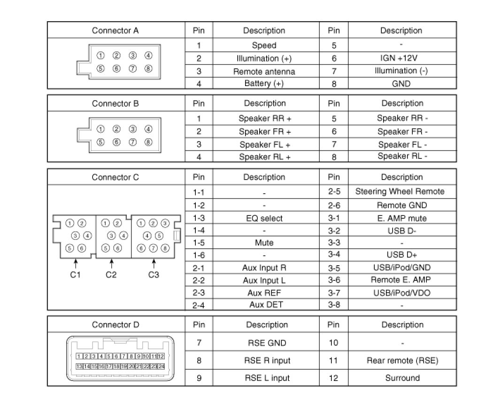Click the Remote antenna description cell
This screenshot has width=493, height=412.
[x=264, y=72]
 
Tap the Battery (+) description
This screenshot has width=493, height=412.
[x=264, y=84]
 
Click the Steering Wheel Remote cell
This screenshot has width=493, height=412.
[x=400, y=191]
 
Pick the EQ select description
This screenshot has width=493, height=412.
[x=264, y=218]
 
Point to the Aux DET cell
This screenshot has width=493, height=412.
[x=264, y=304]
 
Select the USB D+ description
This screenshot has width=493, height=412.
[x=401, y=255]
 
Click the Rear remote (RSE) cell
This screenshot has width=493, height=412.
[x=402, y=361]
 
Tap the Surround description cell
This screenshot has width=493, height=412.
[x=402, y=378]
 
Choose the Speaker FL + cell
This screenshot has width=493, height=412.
[x=264, y=144]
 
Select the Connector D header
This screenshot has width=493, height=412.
[x=116, y=325]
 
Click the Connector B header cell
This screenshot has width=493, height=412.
[x=116, y=103]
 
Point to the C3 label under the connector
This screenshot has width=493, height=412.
[x=154, y=275]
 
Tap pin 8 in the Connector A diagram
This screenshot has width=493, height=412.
[x=148, y=69]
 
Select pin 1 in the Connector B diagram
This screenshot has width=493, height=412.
[x=100, y=129]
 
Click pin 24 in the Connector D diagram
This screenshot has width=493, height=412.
[x=161, y=366]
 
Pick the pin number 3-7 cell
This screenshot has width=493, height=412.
[x=334, y=293]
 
